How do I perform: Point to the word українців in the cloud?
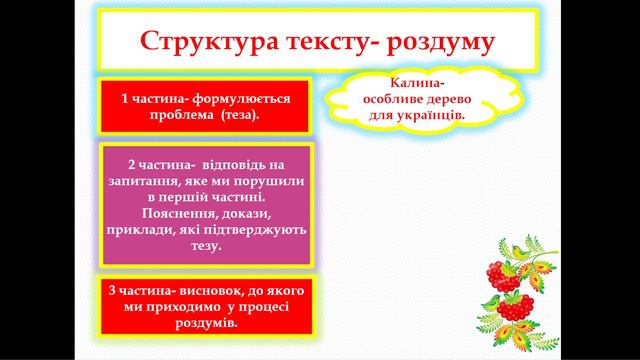(433, 115)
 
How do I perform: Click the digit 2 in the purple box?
(133, 163)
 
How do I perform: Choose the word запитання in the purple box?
(149, 180)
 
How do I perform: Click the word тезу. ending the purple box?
(205, 247)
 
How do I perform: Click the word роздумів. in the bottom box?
(204, 323)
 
